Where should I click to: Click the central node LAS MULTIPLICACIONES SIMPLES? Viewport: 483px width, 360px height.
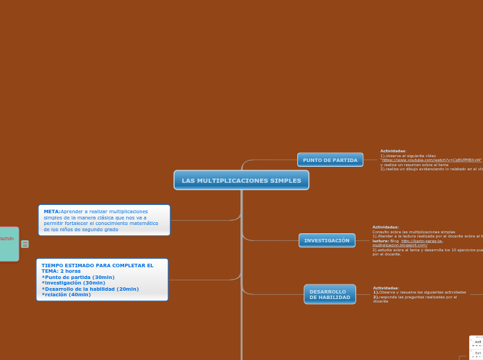(x=241, y=180)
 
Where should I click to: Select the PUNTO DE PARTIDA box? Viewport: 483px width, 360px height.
(x=330, y=160)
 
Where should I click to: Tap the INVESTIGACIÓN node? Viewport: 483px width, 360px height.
(x=327, y=240)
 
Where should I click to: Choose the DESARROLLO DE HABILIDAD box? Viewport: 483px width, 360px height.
(x=330, y=294)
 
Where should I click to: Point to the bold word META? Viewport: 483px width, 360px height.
(x=52, y=211)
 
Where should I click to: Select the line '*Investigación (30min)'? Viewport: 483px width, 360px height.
(x=73, y=282)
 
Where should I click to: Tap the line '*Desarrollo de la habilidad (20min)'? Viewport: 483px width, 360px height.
(x=90, y=289)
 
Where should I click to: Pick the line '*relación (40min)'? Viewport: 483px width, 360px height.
(x=66, y=294)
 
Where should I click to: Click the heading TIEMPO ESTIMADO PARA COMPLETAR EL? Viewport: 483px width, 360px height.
(x=97, y=265)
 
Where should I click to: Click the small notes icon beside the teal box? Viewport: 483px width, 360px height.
(x=25, y=244)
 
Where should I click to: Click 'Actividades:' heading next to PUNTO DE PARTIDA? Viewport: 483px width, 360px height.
(x=394, y=150)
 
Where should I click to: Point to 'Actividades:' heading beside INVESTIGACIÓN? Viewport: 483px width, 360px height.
(x=385, y=226)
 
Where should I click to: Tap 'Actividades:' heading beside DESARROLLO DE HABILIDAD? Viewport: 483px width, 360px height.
(x=386, y=287)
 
